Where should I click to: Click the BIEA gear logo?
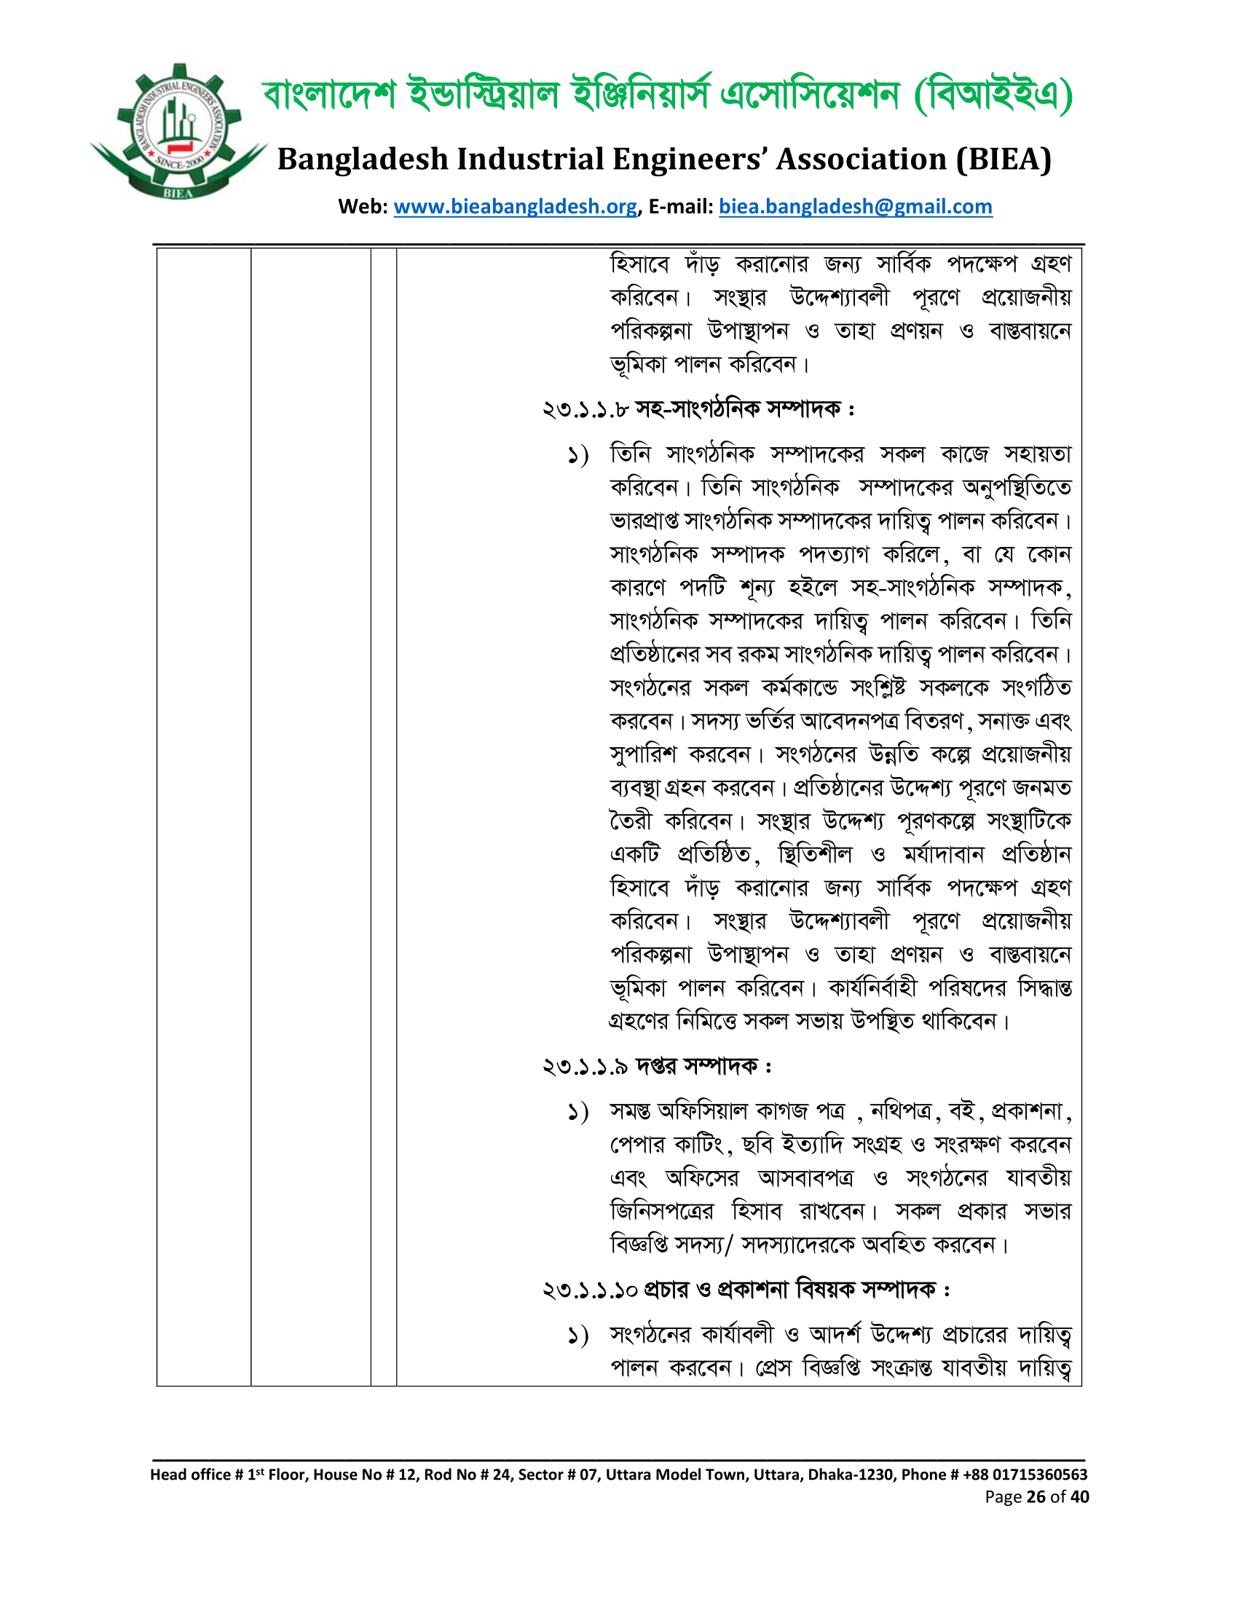coord(178,132)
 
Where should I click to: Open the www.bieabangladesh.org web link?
coord(515,207)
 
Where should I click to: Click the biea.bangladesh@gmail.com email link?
coord(855,207)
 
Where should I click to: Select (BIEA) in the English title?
coord(1004,159)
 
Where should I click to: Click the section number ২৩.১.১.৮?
coord(586,409)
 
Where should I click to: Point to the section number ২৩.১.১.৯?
coord(586,1067)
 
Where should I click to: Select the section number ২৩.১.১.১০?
coord(590,1290)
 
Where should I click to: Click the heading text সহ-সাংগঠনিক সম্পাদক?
coord(738,409)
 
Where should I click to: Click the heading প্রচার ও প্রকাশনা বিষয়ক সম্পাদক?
coord(790,1290)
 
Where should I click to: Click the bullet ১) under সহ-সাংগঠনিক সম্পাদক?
coord(578,457)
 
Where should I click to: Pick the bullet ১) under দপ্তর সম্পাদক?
coord(578,1113)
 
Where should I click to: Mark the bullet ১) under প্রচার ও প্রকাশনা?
coord(578,1336)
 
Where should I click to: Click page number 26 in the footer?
coord(1036,1497)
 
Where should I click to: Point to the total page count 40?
coord(1079,1497)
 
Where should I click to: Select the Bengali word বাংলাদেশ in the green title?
coord(328,95)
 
